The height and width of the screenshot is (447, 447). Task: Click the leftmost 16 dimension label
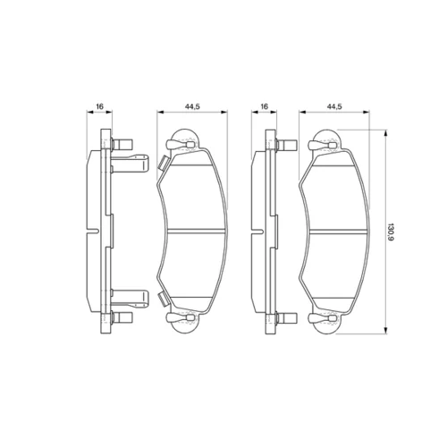click(99, 106)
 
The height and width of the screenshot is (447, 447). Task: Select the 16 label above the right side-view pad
click(265, 106)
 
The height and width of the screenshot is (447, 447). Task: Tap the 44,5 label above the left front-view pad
click(192, 106)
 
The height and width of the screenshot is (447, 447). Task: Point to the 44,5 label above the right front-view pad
click(334, 106)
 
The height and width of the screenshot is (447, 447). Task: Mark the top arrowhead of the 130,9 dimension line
click(386, 133)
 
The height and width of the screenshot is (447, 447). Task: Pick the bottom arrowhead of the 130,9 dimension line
click(386, 330)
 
